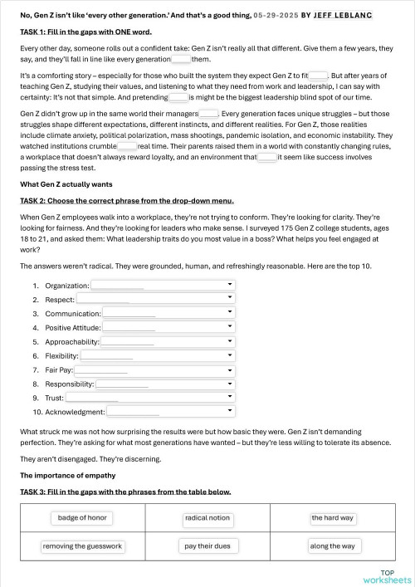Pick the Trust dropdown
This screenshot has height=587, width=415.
(150, 398)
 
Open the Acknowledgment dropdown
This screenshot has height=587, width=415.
(170, 412)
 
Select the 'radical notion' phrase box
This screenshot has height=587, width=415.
(207, 518)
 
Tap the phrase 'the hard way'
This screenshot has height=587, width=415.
(333, 518)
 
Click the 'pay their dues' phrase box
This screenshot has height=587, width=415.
(207, 546)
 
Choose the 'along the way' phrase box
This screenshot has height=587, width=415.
(332, 546)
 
